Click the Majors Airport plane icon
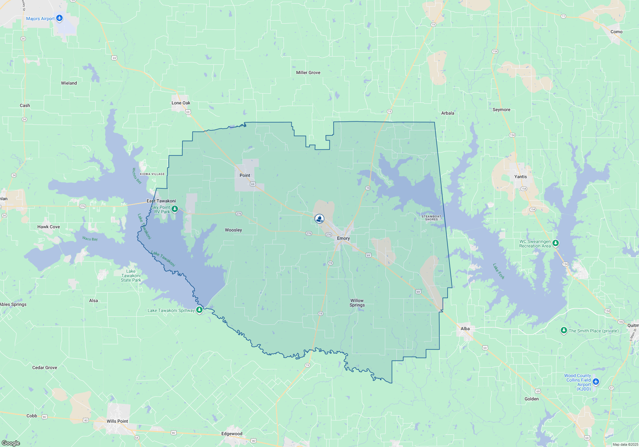59,18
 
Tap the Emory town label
343,239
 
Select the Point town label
245,175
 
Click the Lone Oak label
181,103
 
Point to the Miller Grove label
308,72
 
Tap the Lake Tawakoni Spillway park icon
199,310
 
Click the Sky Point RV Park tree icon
174,209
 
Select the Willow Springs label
357,303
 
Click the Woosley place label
233,230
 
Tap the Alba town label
465,329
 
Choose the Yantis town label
520,177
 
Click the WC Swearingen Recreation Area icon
556,243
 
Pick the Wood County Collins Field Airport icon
596,382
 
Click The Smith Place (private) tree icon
564,330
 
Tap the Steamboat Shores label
431,218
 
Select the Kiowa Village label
152,174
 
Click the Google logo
11,443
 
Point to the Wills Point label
117,421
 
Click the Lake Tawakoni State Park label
131,276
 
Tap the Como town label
616,32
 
